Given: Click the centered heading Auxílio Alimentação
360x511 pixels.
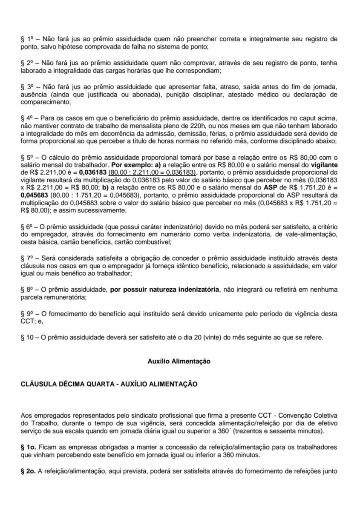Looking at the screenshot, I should [179, 361].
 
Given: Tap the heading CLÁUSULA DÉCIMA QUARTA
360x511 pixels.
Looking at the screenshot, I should [68, 384].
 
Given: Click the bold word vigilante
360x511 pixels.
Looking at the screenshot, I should [325, 164].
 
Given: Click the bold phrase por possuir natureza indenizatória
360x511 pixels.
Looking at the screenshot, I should [165, 290].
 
